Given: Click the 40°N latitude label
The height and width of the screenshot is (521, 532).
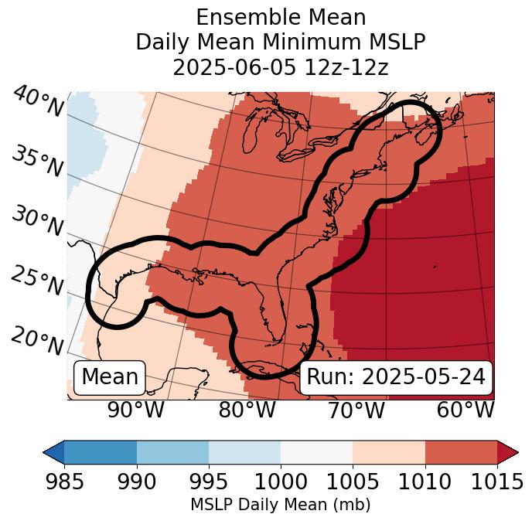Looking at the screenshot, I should click(38, 102).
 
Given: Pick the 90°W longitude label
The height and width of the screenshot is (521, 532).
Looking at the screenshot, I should click(136, 410).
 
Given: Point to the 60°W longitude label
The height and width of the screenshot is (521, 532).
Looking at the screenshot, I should click(465, 410).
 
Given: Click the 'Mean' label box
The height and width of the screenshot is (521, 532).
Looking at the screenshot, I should click(110, 377).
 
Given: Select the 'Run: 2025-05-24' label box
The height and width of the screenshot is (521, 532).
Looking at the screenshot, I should click(396, 377).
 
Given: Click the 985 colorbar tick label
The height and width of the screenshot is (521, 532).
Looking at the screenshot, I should click(64, 482).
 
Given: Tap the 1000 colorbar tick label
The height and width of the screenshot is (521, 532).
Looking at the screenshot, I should click(281, 482).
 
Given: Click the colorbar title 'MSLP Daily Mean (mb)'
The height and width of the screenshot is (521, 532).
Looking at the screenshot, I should click(281, 506).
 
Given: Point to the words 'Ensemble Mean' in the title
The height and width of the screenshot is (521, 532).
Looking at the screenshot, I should click(281, 17).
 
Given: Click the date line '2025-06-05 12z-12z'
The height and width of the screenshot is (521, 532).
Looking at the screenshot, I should click(281, 66).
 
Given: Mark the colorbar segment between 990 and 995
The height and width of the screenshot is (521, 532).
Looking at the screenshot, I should click(172, 452).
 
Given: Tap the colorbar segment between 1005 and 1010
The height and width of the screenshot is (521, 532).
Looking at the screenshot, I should click(389, 452).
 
